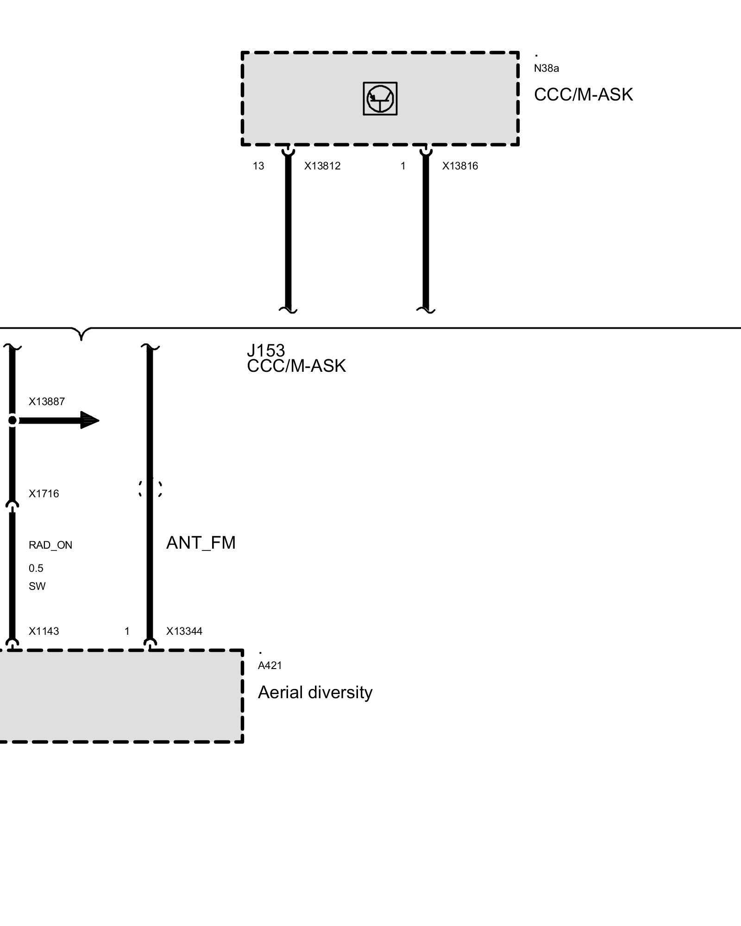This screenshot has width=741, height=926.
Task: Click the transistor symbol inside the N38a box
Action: coord(380,99)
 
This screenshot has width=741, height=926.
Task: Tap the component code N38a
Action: coord(546,69)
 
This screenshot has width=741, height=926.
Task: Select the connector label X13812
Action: coord(322,166)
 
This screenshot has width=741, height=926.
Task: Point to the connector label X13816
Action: coord(460,166)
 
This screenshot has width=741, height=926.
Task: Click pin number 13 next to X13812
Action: coord(258,166)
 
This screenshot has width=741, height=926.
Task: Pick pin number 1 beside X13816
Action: coord(403,166)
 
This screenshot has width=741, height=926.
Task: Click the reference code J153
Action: coord(266,350)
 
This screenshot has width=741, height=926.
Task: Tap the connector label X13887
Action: coord(47,402)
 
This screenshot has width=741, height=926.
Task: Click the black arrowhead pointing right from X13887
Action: coord(90,420)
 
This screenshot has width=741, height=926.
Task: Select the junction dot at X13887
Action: coord(13,420)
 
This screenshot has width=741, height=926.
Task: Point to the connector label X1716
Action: coord(44,494)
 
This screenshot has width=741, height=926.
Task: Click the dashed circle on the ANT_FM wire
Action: coord(150,488)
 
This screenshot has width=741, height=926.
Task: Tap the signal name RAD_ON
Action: coord(50,545)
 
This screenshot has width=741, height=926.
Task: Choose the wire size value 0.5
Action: coord(36,569)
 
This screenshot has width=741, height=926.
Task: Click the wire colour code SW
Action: coord(37,587)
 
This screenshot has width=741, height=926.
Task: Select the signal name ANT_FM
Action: coord(201,543)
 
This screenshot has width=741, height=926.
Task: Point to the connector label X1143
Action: coord(44,632)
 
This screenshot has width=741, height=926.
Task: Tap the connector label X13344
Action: coord(184,632)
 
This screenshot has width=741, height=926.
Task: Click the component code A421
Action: coord(270,666)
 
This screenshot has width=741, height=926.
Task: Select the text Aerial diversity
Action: coord(315,693)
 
